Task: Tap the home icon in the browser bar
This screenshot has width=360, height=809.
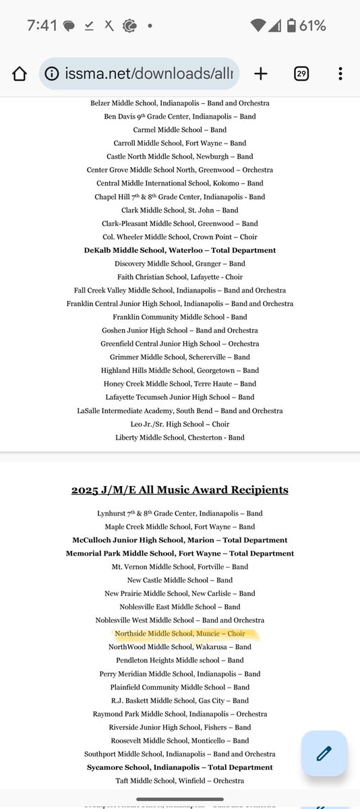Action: [x=20, y=74]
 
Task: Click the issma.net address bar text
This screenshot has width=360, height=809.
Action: [x=147, y=74]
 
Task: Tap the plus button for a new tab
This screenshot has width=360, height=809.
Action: [x=261, y=74]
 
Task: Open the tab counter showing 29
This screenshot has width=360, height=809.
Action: [x=301, y=74]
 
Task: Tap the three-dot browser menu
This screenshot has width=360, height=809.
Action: [x=340, y=74]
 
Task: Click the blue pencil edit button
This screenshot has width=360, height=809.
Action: [x=324, y=753]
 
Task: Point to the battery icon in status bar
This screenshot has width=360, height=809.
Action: [x=291, y=26]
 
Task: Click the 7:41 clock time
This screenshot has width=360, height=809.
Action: [x=42, y=26]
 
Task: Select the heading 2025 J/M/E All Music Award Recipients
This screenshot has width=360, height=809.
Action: [x=180, y=490]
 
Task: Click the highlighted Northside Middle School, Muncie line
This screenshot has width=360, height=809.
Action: [x=180, y=634]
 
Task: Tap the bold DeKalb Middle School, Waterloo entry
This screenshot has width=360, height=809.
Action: [x=180, y=250]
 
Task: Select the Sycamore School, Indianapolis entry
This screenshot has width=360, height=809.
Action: [x=180, y=767]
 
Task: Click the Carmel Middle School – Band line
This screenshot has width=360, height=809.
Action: [x=180, y=129]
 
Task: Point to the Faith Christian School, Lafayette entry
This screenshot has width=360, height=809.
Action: [x=180, y=277]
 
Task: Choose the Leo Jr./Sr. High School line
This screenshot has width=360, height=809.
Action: [x=180, y=424]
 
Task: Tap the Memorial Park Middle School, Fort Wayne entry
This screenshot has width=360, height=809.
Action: [x=180, y=553]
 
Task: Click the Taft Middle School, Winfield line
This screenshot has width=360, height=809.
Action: [x=180, y=781]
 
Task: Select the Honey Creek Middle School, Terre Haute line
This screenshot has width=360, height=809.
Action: [x=180, y=384]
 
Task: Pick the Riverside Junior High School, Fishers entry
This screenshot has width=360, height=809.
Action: [x=180, y=727]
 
